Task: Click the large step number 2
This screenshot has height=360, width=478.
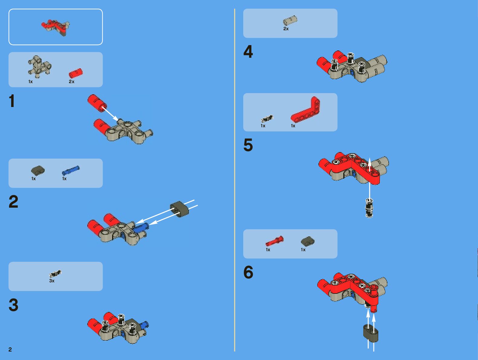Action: pos(14,201)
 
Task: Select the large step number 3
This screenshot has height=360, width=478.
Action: pos(14,305)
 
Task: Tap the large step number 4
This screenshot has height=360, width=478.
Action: pos(248,52)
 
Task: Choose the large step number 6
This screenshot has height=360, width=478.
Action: pos(248,272)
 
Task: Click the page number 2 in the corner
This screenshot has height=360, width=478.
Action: pos(10,349)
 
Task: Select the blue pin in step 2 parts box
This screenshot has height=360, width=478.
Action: pos(71,170)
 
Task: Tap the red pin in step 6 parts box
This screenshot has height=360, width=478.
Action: pos(275,241)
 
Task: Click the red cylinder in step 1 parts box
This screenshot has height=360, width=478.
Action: pos(76,73)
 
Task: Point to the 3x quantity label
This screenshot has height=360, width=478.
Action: pos(52,281)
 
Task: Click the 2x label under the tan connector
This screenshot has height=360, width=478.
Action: pos(286,29)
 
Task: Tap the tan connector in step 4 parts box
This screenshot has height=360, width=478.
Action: pos(290,21)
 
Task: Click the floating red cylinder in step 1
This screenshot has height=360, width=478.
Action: pos(97,103)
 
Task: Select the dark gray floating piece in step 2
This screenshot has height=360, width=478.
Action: pos(179,209)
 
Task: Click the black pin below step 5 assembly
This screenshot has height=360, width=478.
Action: pos(369,208)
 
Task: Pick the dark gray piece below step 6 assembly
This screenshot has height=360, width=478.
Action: pos(371,333)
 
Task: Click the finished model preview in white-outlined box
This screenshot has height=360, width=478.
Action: pos(56,28)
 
